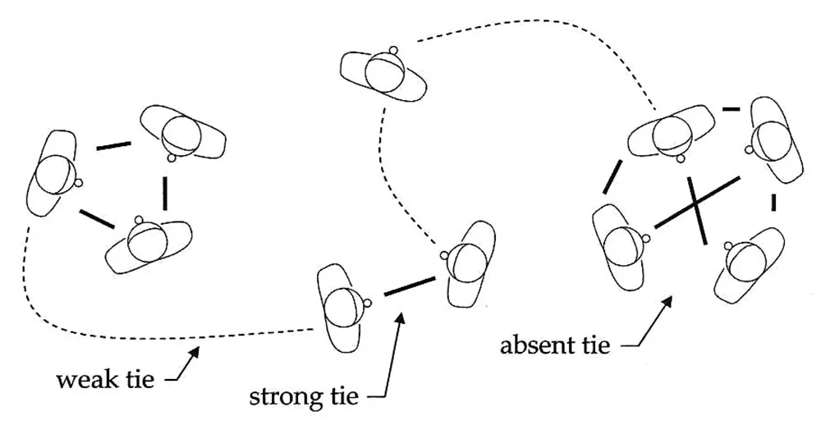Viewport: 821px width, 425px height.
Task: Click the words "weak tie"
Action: (x=106, y=379)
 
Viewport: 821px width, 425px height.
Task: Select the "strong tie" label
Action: (x=304, y=396)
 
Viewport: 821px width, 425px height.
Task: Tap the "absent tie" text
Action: (x=555, y=345)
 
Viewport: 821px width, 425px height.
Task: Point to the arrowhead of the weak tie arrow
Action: (x=195, y=350)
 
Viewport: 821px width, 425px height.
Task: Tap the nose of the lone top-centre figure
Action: (x=394, y=50)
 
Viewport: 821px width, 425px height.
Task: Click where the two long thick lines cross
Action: (x=695, y=204)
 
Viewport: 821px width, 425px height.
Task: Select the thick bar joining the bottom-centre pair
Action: (x=410, y=286)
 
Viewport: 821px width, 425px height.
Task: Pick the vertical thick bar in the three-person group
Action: (x=166, y=194)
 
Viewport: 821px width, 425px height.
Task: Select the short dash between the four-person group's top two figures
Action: (x=731, y=109)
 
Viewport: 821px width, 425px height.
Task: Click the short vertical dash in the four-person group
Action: (x=773, y=203)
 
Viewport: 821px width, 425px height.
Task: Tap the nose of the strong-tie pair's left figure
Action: (x=368, y=303)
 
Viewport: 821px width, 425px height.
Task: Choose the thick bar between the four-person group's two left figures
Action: (x=612, y=176)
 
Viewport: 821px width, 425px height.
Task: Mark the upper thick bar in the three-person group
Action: (x=113, y=145)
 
